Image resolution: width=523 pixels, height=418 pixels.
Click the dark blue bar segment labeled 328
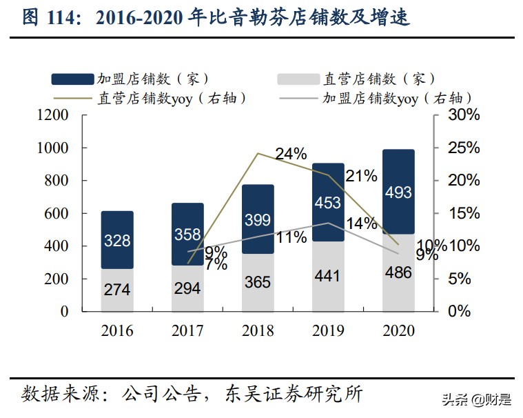pos(117,240)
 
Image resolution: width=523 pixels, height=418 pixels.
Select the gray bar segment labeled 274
pos(117,290)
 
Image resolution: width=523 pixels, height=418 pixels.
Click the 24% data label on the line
pos(291,154)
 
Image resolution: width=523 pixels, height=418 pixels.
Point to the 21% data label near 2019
pos(361,176)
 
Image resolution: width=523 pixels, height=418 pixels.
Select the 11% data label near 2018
pos(291,237)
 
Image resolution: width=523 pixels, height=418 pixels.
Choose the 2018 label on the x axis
pos(258,330)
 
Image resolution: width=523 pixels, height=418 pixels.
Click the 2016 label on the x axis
pos(117,330)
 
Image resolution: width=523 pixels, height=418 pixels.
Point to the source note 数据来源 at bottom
pos(193,394)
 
